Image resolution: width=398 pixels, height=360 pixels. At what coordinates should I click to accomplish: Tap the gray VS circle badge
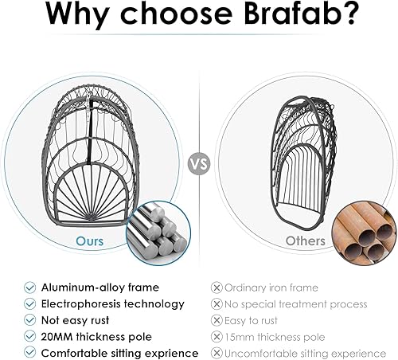[199, 165]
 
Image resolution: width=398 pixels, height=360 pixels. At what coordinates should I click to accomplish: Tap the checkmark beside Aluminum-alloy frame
[29, 288]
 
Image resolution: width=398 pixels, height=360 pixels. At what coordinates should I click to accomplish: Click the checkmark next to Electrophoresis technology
[29, 303]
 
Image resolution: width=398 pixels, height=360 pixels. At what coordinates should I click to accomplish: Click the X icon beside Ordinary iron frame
[216, 288]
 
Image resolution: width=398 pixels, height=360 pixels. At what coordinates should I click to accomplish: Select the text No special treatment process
[296, 303]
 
